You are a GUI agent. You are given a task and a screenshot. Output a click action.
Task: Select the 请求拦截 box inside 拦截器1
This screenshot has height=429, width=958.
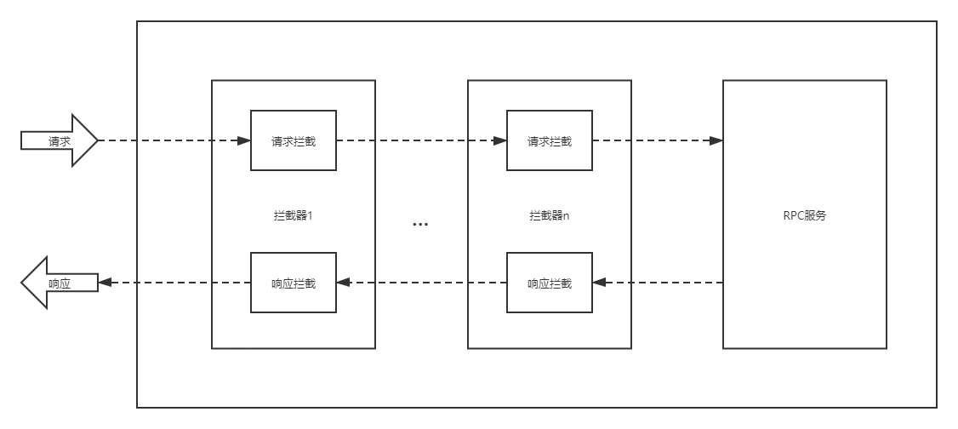click(x=293, y=140)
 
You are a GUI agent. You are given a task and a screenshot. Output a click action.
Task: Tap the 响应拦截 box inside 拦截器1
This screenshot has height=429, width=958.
click(x=293, y=283)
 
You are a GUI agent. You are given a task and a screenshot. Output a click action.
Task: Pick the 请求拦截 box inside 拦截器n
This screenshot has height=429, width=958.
click(x=549, y=140)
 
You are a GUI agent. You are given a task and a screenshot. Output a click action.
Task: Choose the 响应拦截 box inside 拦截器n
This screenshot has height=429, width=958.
click(x=549, y=283)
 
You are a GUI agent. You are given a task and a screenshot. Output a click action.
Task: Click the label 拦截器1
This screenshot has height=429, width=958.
click(x=293, y=215)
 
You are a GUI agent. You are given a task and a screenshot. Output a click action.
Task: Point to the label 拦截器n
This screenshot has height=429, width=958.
click(x=549, y=215)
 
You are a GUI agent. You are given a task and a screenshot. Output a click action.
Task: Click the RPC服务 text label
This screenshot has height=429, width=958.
click(x=804, y=215)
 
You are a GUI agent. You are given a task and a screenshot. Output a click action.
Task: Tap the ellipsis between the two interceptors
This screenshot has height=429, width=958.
click(x=420, y=225)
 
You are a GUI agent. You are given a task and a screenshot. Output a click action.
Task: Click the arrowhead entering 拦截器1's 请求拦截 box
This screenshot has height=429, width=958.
click(x=244, y=140)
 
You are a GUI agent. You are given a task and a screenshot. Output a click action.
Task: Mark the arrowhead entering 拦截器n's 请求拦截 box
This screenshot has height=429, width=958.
click(x=500, y=140)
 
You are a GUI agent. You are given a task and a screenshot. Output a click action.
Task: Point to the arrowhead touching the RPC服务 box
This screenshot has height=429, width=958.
click(x=716, y=140)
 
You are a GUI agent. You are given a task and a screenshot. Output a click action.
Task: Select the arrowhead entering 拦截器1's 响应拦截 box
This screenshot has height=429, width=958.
click(x=343, y=283)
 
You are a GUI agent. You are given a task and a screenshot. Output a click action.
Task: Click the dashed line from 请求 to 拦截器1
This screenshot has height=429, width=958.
click(x=170, y=140)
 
